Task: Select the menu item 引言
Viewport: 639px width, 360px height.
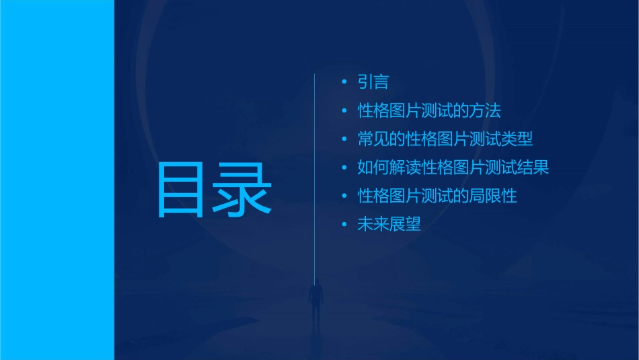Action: [x=373, y=82]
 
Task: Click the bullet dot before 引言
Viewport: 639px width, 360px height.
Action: [x=344, y=82]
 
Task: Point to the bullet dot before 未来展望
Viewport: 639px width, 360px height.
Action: [x=344, y=224]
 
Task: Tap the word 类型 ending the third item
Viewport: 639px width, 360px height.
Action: [x=517, y=139]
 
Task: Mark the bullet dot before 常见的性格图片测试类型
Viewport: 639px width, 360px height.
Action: [x=344, y=139]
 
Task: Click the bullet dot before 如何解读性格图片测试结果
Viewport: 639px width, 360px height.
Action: [x=344, y=168]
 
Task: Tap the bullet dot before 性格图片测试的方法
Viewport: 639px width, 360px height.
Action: [x=344, y=110]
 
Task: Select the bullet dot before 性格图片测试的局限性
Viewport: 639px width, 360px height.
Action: [x=344, y=196]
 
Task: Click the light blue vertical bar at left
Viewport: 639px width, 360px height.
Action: [x=57, y=180]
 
